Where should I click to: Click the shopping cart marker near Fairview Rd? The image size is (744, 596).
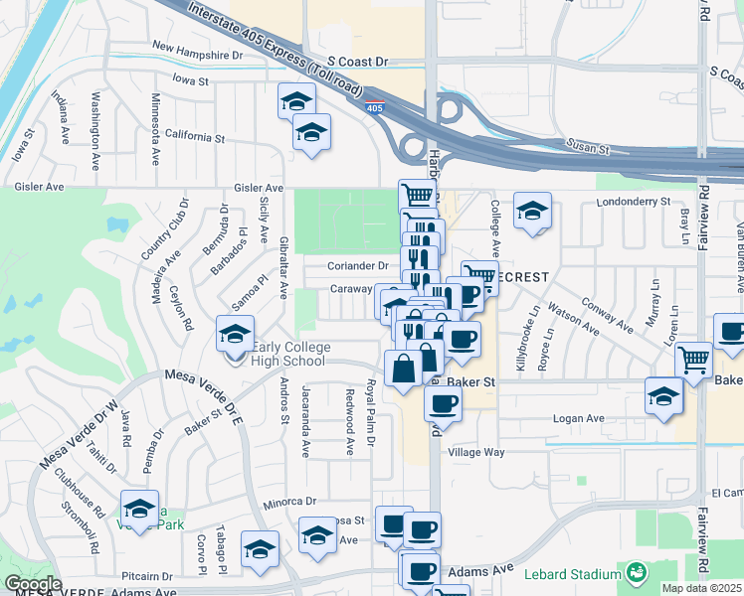(693, 360)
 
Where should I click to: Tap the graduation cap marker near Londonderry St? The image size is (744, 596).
(532, 211)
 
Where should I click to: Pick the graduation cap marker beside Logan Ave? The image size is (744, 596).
(663, 396)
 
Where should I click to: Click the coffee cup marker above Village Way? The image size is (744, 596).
(443, 404)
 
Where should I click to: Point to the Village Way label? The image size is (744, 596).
(477, 452)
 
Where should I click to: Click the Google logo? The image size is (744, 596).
(33, 584)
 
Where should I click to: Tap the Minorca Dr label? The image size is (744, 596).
(289, 503)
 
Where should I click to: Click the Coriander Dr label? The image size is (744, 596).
(359, 266)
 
